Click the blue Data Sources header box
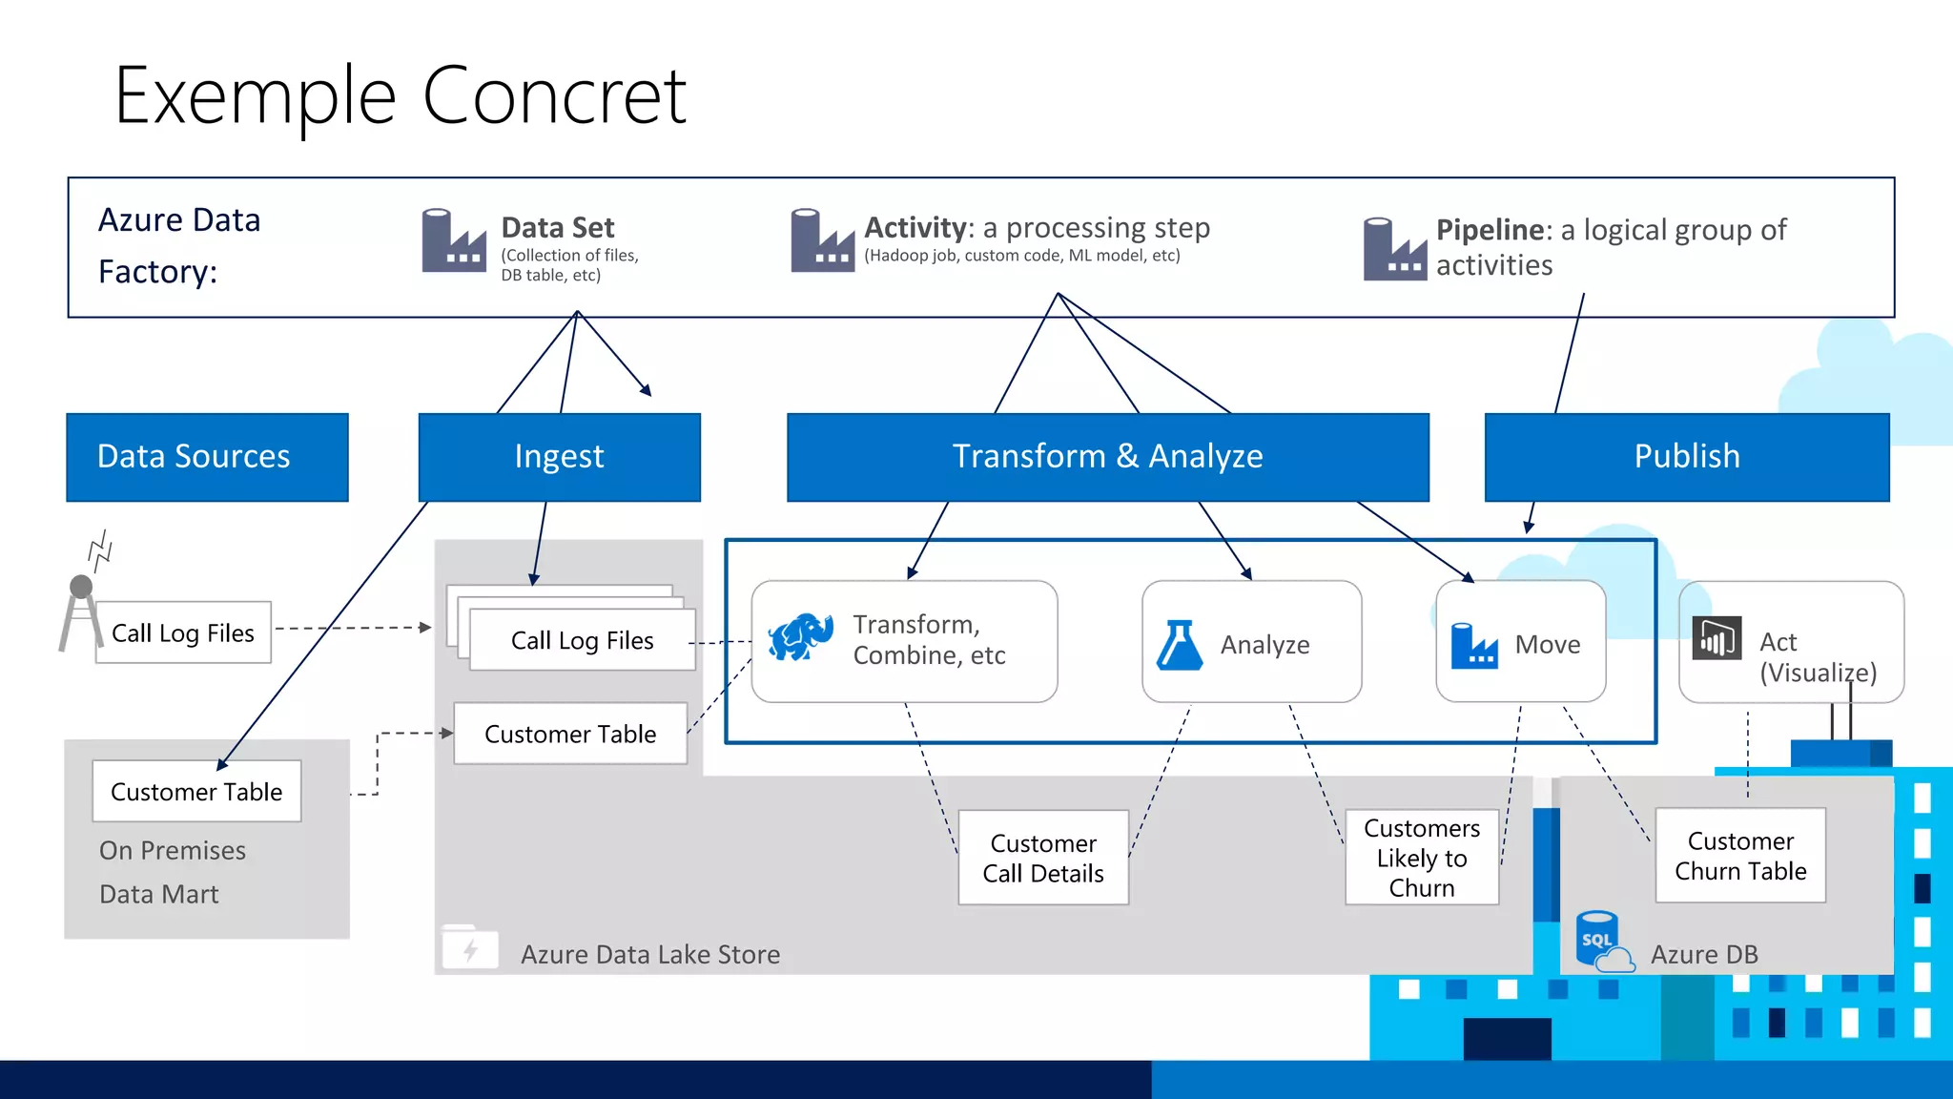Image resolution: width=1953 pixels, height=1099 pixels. tap(207, 457)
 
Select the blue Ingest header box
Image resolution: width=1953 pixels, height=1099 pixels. tap(560, 457)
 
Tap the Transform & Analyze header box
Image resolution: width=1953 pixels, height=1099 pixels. tap(1107, 457)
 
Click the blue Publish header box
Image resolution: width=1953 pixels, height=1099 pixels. tap(1686, 457)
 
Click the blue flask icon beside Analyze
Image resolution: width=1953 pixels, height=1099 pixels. tap(1180, 645)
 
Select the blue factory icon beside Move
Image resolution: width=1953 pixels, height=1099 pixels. tap(1474, 645)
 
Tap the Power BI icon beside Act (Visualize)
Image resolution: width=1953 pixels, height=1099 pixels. tap(1717, 639)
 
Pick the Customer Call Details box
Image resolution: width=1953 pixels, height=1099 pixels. tap(1043, 858)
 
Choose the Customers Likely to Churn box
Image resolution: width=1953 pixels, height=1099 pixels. tap(1421, 858)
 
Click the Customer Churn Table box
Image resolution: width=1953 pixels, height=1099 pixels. tap(1740, 856)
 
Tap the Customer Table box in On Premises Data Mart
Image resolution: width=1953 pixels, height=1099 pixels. tap(196, 792)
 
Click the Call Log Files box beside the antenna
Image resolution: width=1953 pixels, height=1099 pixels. tap(183, 632)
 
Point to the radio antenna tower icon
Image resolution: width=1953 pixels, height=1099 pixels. tap(82, 611)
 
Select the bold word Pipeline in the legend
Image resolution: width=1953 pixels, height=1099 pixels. tap(1490, 230)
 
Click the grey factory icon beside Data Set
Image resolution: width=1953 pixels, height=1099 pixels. tap(453, 241)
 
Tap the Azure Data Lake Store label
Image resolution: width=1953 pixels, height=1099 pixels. tap(650, 954)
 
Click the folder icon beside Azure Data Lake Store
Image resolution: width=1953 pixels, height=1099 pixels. tap(470, 948)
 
